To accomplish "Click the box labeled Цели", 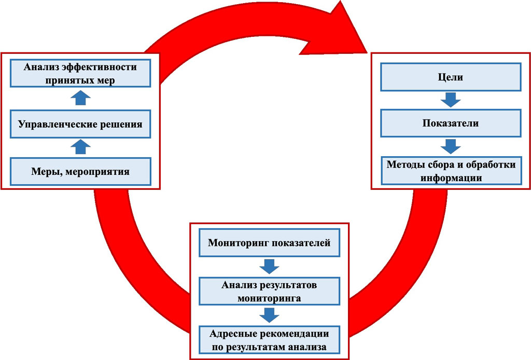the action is tap(451, 77).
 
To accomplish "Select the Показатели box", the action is tap(451, 123).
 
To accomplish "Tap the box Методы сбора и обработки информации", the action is tap(452, 171).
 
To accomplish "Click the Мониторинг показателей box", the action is tap(269, 242).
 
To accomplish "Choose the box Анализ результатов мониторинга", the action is tap(269, 291).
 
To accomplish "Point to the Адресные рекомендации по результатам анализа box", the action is tap(269, 340).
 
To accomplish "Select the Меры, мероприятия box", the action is tap(80, 171).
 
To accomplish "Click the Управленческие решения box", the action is tap(80, 124).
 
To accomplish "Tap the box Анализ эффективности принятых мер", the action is tap(80, 74).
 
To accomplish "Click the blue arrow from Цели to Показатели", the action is tap(451, 100).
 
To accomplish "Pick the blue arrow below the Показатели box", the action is tap(451, 146).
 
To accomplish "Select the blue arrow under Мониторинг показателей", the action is tap(269, 267).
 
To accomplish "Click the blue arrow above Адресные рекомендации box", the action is tap(269, 315).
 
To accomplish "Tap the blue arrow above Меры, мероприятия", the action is tap(80, 147).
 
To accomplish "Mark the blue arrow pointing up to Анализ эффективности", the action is tap(80, 98).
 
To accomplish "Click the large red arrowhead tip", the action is tap(368, 53).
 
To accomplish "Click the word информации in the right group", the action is tap(451, 178).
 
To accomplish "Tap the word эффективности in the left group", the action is tap(103, 67).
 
